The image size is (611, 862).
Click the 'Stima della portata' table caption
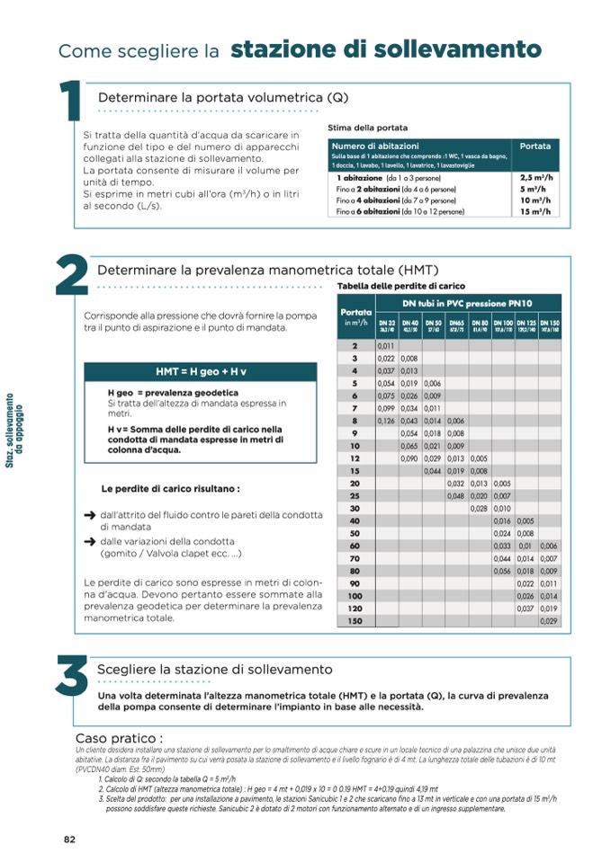(367, 129)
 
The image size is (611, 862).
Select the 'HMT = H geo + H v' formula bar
(200, 372)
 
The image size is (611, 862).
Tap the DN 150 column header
(550, 325)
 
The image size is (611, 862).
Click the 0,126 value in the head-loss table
(386, 421)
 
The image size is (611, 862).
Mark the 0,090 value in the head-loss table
(409, 458)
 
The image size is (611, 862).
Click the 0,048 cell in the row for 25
(456, 495)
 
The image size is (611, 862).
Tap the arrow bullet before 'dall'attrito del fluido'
(90, 516)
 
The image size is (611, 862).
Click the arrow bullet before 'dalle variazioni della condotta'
(90, 542)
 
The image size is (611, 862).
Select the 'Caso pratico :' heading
(119, 738)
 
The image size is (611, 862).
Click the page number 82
(69, 840)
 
